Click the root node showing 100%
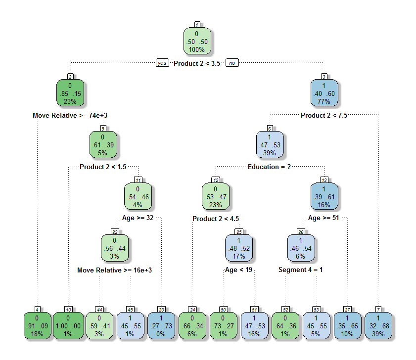196,41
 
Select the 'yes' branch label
162,63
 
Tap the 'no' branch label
232,63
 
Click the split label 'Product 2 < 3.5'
197,64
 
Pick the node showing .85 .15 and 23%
70,93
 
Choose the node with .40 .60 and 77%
324,93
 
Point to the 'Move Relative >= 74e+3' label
70,115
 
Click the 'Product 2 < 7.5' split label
324,115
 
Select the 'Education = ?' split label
269,167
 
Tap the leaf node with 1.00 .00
68,326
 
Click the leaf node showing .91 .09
37,326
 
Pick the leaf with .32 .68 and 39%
378,326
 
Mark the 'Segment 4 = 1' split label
300,270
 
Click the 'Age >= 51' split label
324,218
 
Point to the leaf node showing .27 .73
162,326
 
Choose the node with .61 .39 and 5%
102,144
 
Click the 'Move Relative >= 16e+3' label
114,270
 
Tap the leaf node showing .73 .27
223,326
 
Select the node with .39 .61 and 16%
324,196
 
